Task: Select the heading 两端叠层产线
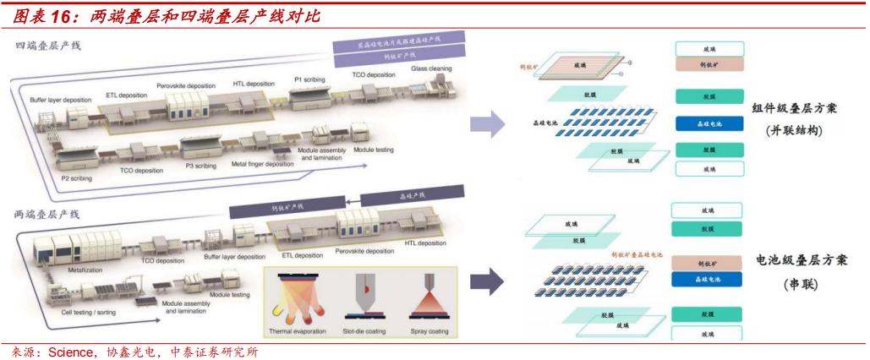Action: coord(47,215)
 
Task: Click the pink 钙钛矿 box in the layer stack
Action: coord(708,64)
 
